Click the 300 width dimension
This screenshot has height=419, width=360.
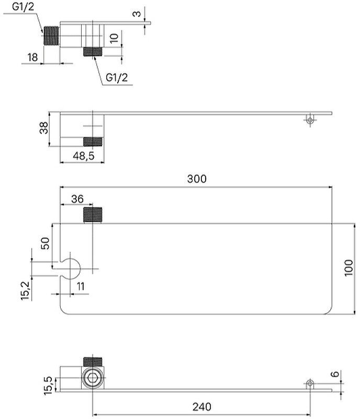pos(196,179)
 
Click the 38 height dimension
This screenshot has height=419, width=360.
pos(44,128)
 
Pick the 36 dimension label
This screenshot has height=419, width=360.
pos(77,199)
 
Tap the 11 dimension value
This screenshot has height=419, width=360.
pos(80,286)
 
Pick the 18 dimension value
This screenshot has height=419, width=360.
pos(32,57)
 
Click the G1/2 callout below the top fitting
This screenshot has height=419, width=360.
pos(117,77)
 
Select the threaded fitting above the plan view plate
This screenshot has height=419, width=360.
pos(95,215)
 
